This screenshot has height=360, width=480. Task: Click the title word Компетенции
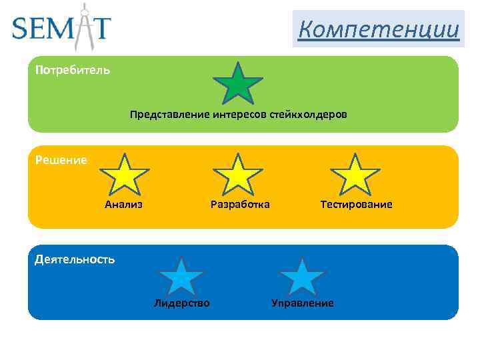[379, 29]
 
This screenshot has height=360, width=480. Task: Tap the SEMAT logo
[62, 28]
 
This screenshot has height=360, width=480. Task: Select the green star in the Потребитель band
[237, 85]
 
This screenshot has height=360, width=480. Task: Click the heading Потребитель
[73, 69]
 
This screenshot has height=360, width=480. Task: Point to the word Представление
[170, 115]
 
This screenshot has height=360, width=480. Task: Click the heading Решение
[61, 160]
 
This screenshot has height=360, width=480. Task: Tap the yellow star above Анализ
[124, 175]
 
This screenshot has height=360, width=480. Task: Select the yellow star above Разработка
[238, 175]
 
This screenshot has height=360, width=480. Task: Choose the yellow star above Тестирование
[355, 175]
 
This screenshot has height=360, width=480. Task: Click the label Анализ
[124, 204]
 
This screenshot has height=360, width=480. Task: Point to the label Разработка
[240, 204]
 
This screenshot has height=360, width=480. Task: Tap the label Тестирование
[356, 204]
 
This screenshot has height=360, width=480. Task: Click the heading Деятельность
[75, 259]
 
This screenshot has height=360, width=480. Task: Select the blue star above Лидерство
[181, 277]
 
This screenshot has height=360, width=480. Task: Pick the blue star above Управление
[302, 277]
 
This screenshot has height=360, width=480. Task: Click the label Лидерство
[181, 303]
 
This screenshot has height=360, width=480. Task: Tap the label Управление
[303, 303]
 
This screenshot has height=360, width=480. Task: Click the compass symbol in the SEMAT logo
[85, 27]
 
